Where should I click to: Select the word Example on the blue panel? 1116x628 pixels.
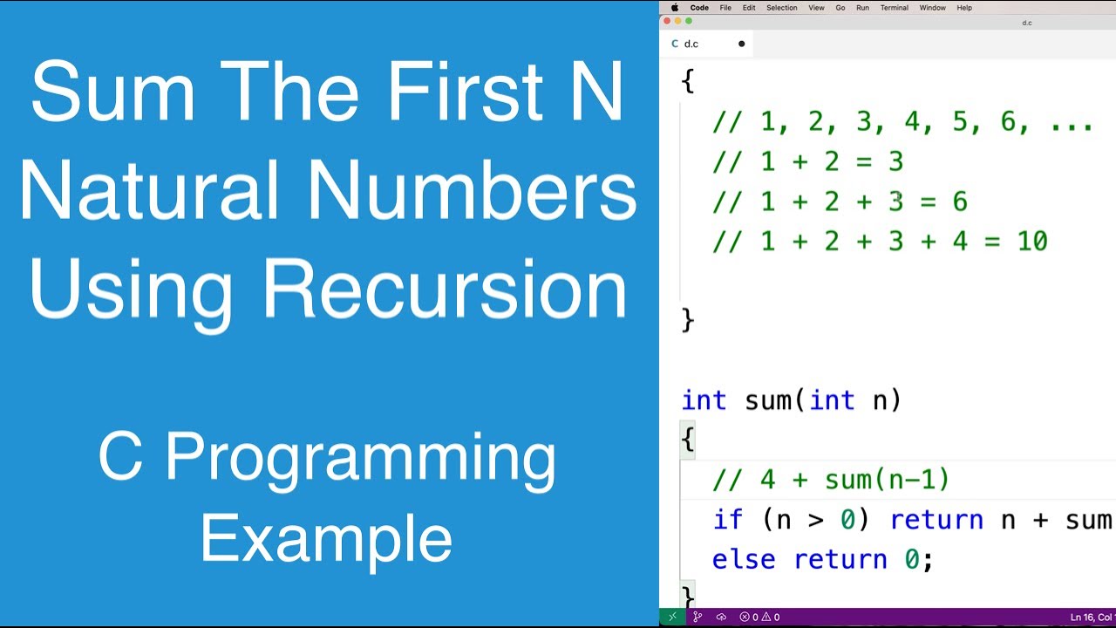(x=326, y=539)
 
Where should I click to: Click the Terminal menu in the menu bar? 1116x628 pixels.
(x=894, y=8)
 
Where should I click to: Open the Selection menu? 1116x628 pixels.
(x=781, y=8)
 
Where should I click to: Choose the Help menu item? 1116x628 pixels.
(x=964, y=8)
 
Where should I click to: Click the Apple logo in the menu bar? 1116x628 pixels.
(x=674, y=8)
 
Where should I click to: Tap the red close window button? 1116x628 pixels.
(x=668, y=21)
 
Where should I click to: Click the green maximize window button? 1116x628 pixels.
(x=689, y=21)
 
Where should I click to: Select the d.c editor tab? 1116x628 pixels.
(x=691, y=44)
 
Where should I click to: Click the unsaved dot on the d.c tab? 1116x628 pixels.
(x=742, y=44)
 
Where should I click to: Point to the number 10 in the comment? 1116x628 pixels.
(x=1031, y=242)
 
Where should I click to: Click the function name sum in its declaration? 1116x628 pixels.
(x=767, y=400)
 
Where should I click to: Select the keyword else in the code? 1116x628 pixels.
(x=743, y=559)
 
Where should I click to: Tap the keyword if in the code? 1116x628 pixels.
(x=727, y=520)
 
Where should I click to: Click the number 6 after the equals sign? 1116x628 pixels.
(x=960, y=201)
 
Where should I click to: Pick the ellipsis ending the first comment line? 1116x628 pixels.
(x=1072, y=122)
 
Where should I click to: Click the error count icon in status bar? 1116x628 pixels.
(x=745, y=618)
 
